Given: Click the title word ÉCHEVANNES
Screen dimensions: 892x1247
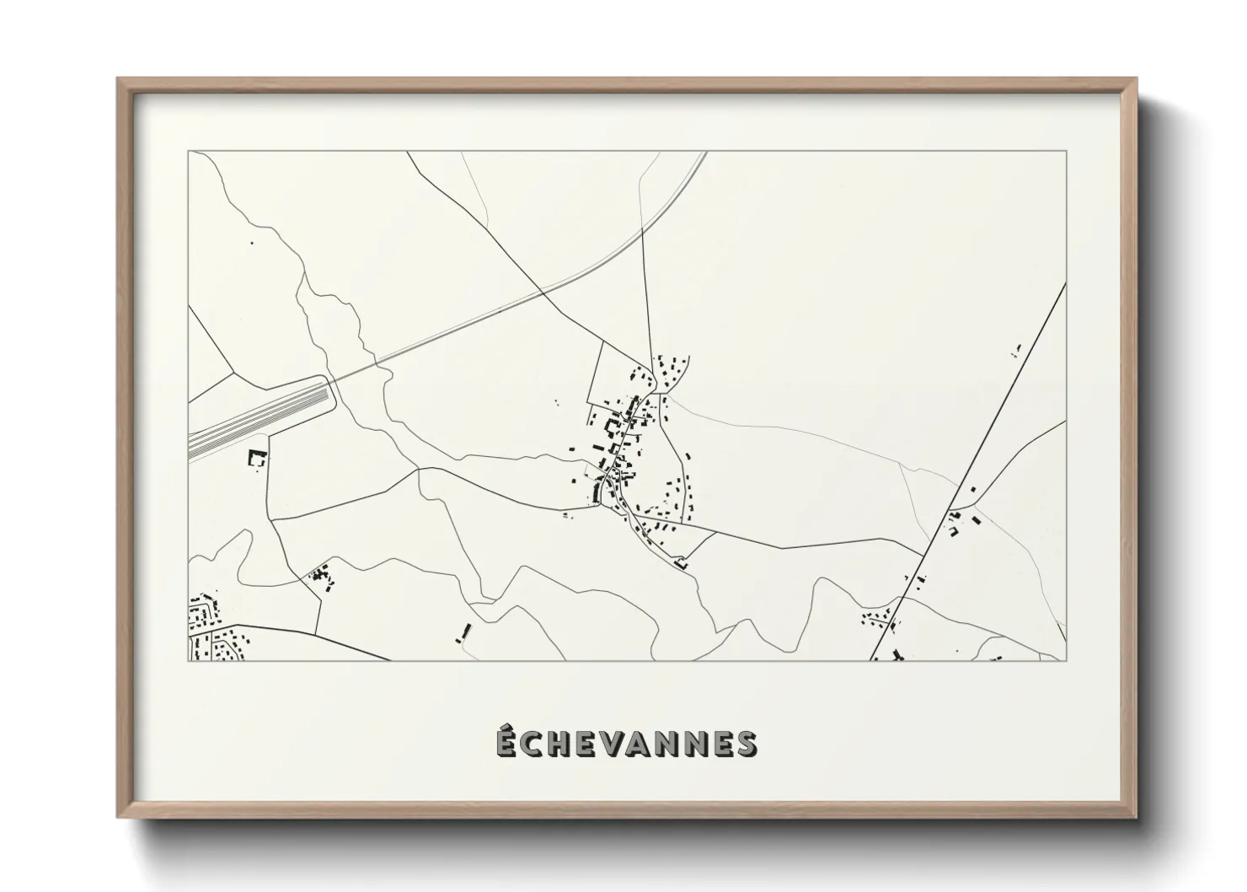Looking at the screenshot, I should tap(626, 743).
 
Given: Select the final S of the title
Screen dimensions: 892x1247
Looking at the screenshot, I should tap(746, 743).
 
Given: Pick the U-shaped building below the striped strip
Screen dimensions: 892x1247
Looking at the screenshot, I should tap(256, 458).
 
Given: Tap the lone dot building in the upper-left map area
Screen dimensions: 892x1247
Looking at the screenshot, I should tap(251, 244).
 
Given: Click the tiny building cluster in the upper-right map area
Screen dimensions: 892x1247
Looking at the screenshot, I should tap(1017, 350).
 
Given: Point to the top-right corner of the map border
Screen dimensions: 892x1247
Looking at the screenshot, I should tap(1066, 152).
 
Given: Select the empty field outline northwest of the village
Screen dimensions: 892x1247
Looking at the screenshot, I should tap(619, 371).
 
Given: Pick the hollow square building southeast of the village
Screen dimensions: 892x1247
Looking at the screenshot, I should tap(681, 562).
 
